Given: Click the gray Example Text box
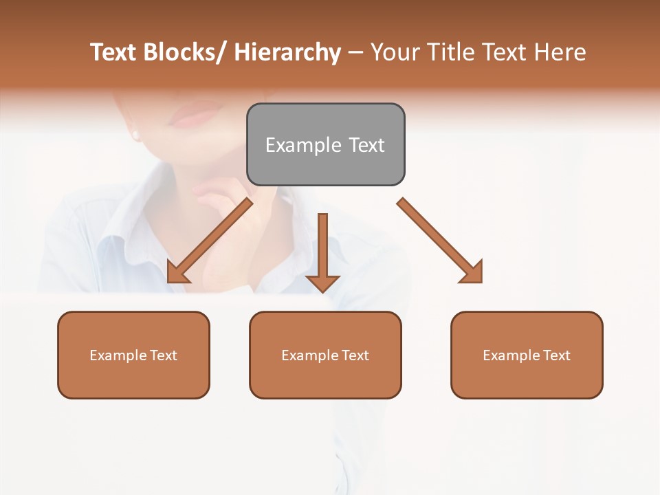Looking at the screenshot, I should click(x=325, y=144).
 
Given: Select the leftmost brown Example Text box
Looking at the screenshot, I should click(x=133, y=355).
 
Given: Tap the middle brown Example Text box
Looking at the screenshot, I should click(x=325, y=355).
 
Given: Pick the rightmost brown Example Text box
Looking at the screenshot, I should click(x=527, y=355).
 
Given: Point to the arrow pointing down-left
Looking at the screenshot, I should click(x=210, y=241).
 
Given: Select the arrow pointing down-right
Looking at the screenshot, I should click(x=440, y=241).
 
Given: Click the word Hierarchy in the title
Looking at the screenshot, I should click(x=287, y=52).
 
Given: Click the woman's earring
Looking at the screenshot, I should click(x=135, y=135).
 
